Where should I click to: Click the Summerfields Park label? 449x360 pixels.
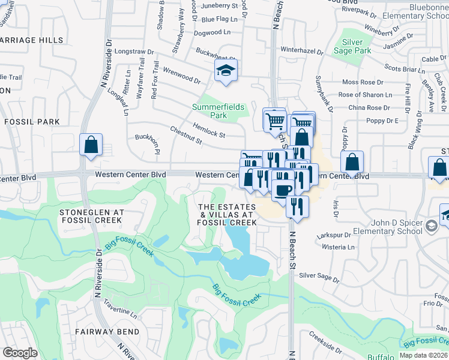click(x=218, y=110)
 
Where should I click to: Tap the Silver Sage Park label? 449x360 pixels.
click(x=357, y=46)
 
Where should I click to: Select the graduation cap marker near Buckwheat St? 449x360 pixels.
click(x=226, y=71)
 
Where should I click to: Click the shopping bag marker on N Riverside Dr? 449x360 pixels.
click(x=91, y=145)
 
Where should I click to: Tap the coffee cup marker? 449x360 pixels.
click(x=283, y=189)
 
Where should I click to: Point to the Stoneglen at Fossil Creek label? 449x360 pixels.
click(x=92, y=216)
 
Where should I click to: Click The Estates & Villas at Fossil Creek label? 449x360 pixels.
click(x=228, y=215)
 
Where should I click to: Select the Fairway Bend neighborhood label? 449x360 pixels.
click(x=107, y=331)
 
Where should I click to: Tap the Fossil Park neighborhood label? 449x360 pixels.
click(x=32, y=121)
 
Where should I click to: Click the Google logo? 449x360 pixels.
click(x=20, y=353)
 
